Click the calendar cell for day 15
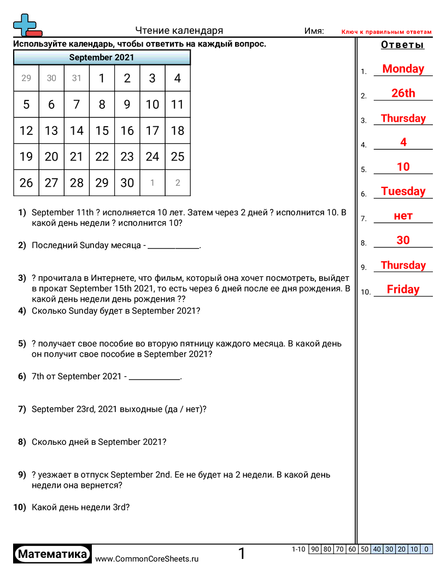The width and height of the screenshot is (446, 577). tap(102, 131)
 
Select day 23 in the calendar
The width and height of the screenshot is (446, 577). tap(127, 157)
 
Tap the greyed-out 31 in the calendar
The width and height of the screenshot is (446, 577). tap(77, 78)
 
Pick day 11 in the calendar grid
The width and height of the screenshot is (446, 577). tap(177, 104)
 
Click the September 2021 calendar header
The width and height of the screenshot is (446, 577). tap(102, 57)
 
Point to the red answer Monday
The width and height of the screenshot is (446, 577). tap(403, 69)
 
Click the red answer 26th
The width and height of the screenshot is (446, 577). tap(403, 93)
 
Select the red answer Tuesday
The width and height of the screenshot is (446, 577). tap(403, 191)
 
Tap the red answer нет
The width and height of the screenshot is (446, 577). tap(403, 216)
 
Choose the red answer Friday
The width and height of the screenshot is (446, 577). tap(403, 290)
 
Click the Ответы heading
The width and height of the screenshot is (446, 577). tap(403, 45)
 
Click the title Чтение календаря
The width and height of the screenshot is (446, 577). tap(179, 31)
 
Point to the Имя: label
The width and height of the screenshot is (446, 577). tap(314, 31)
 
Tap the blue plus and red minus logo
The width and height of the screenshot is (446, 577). tap(26, 26)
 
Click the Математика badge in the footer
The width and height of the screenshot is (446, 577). tap(52, 554)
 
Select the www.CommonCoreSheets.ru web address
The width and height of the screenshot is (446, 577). tap(146, 559)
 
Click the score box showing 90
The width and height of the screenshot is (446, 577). tap(315, 549)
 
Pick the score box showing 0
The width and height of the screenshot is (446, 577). tap(426, 549)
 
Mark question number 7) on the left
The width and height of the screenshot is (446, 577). tap(22, 409)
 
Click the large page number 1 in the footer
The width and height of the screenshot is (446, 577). tap(242, 554)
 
